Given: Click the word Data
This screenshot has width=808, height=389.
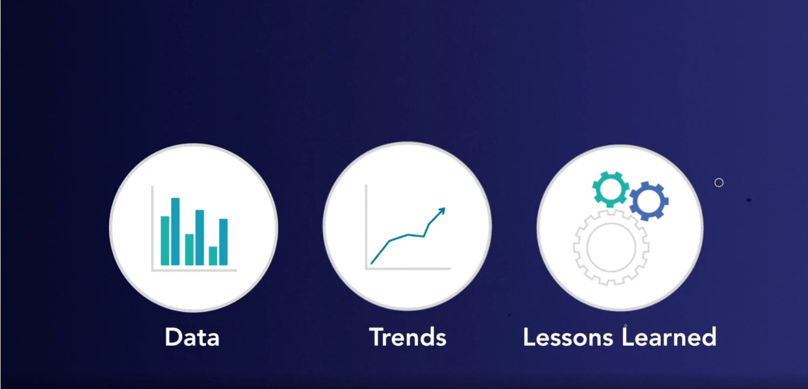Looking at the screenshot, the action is [192, 337].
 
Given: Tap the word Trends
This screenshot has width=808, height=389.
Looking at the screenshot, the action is [408, 337].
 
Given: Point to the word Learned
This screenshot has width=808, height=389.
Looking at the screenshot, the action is [669, 337].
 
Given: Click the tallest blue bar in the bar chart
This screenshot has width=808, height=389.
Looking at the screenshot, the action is [175, 231].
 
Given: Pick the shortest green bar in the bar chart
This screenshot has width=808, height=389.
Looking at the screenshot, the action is [213, 256].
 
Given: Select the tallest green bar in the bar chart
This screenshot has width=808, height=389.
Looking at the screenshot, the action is [165, 241].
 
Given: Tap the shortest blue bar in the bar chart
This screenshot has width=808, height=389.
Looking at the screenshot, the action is [224, 242].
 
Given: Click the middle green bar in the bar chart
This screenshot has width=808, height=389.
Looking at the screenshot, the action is [189, 249].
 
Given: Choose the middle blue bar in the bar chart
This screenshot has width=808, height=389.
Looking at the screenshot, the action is [199, 238].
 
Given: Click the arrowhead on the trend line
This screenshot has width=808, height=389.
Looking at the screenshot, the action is [442, 211].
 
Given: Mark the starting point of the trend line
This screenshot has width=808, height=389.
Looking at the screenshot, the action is [372, 263].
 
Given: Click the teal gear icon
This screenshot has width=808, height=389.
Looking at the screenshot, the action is [610, 189].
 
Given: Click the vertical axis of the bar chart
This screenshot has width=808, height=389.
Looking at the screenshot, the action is [152, 228].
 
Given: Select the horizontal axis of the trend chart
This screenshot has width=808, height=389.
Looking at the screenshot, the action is [408, 268].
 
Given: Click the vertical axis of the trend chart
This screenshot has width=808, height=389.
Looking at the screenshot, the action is [366, 227].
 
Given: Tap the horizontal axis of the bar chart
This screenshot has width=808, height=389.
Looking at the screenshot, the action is [194, 270].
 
